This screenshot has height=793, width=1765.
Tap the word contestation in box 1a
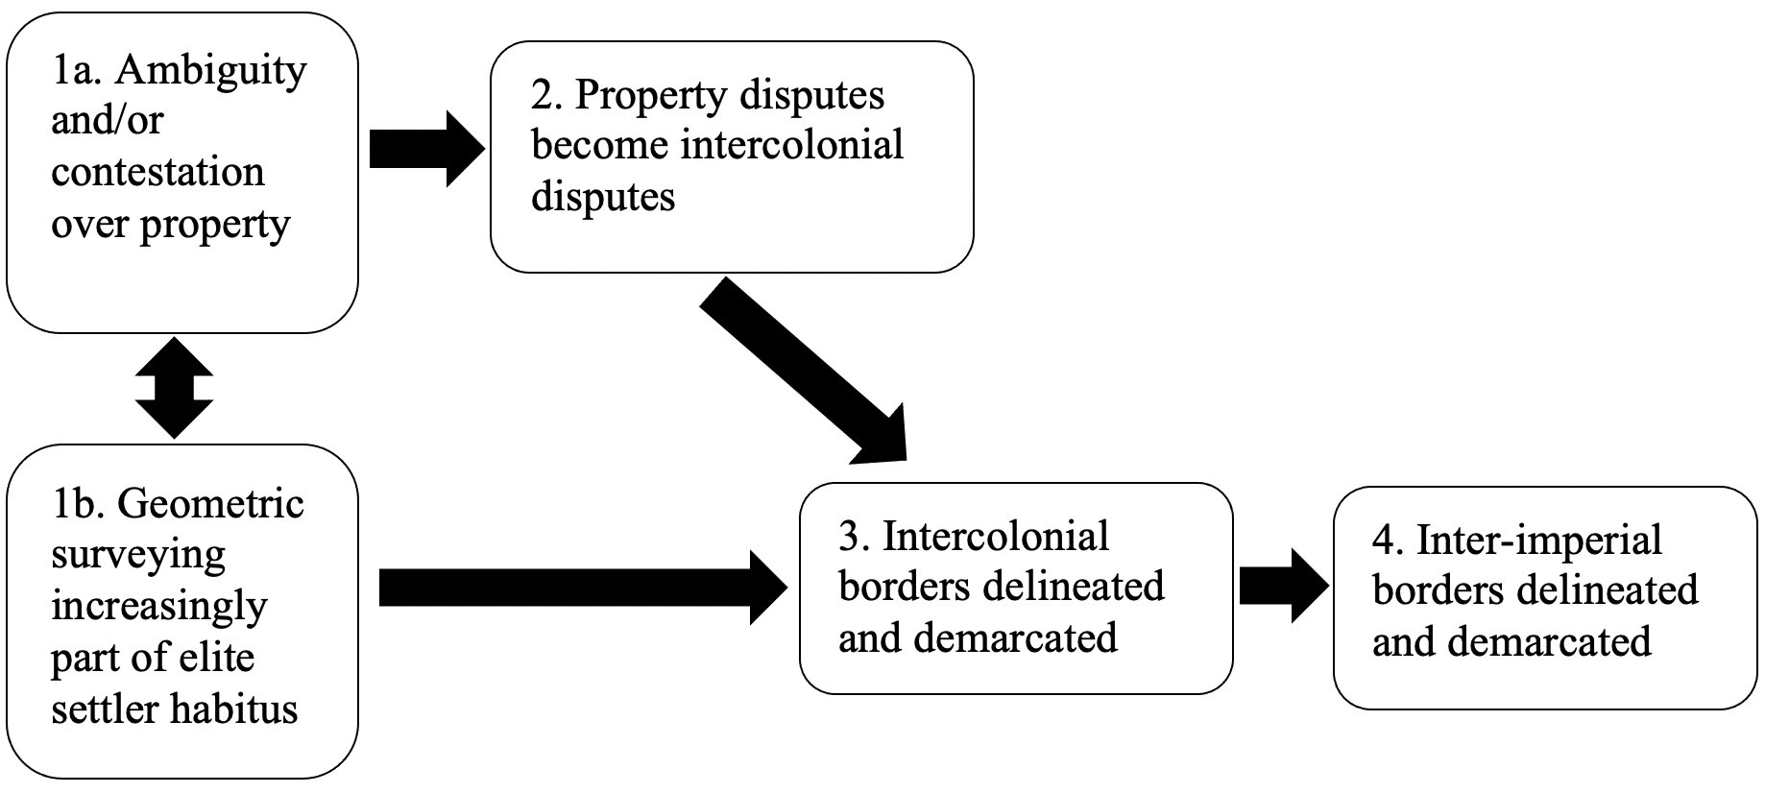click(157, 172)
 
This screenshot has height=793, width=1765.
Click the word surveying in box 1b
click(138, 556)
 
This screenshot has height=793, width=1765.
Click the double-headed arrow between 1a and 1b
click(174, 388)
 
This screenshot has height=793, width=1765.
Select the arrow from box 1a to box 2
click(426, 148)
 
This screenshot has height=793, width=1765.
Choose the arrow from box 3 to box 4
click(1283, 586)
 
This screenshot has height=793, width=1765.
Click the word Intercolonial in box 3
click(996, 536)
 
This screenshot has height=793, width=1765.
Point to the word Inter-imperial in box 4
click(1538, 541)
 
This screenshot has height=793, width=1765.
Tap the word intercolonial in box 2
click(791, 146)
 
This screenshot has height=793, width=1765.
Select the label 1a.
click(77, 71)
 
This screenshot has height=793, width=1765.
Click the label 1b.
click(79, 504)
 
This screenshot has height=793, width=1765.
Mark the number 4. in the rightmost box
click(1388, 541)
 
